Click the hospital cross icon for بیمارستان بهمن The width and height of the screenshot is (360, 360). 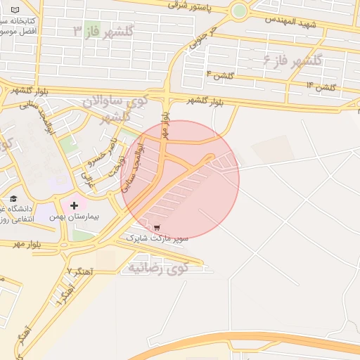coord(74,205)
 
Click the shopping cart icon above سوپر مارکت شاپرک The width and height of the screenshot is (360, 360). coord(157,228)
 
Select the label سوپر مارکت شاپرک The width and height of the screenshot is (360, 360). coord(157,239)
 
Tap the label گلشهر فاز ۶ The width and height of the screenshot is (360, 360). coord(292,60)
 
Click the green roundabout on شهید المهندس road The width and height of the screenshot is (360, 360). coord(239,11)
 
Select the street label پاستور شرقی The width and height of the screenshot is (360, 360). coord(193,6)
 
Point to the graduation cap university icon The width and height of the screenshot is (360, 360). coord(13,199)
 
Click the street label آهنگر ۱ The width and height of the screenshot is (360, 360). coord(63,290)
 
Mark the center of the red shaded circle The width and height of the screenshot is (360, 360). coord(180,180)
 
